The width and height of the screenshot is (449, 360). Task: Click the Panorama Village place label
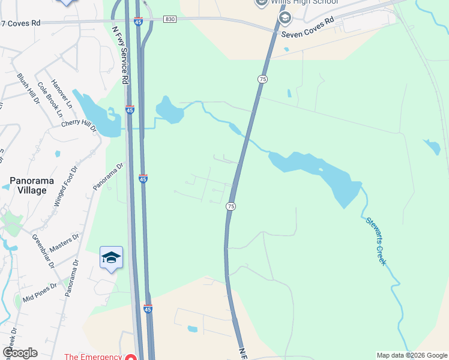coord(28,185)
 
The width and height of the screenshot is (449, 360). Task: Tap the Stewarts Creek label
coord(376,242)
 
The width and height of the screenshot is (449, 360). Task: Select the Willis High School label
coord(304,2)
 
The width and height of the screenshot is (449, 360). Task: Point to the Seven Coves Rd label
coord(307,26)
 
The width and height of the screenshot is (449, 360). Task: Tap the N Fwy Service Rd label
coord(121,53)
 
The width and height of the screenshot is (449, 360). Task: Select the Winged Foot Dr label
coord(66,187)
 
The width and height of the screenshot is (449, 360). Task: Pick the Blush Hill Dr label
coord(28,89)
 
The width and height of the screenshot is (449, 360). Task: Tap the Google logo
coord(20,353)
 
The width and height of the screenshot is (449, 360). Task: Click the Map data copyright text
coord(412,355)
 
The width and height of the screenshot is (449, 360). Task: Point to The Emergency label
coord(93,356)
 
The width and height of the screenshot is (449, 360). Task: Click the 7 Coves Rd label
coord(20,23)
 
